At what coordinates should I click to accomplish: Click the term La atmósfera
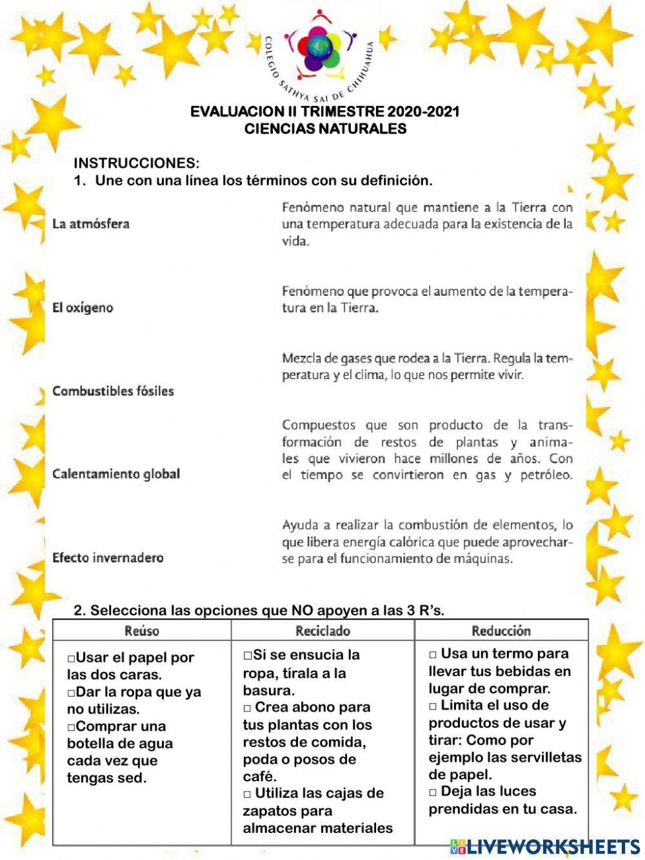(x=91, y=224)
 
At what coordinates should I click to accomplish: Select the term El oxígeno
(x=83, y=308)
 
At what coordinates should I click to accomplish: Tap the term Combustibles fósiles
(x=113, y=391)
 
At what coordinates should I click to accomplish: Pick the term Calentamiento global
(x=116, y=474)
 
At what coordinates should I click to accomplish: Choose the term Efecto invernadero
(x=108, y=558)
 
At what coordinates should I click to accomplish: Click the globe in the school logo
(x=319, y=48)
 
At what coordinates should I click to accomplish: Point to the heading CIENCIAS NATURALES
(x=325, y=128)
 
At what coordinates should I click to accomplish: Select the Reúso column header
(x=142, y=631)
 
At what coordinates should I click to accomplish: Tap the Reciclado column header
(x=322, y=631)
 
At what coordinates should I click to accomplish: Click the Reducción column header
(x=501, y=631)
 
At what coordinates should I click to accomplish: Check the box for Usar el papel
(x=71, y=659)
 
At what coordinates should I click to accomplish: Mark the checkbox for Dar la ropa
(x=71, y=693)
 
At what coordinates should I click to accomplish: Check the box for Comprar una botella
(x=71, y=727)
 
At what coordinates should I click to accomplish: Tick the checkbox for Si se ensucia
(x=248, y=655)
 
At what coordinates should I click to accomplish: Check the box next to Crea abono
(x=247, y=708)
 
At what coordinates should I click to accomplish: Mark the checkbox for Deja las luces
(x=433, y=792)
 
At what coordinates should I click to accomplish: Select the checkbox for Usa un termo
(x=433, y=655)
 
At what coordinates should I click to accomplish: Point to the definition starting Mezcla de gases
(x=427, y=367)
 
